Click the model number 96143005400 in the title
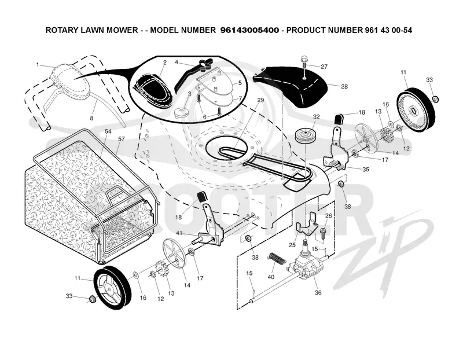249,30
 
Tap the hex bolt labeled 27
304,64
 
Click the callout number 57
122,138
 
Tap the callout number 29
260,100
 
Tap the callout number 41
179,233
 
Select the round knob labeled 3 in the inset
180,112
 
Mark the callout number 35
366,169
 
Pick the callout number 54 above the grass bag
108,131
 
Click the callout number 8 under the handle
91,118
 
